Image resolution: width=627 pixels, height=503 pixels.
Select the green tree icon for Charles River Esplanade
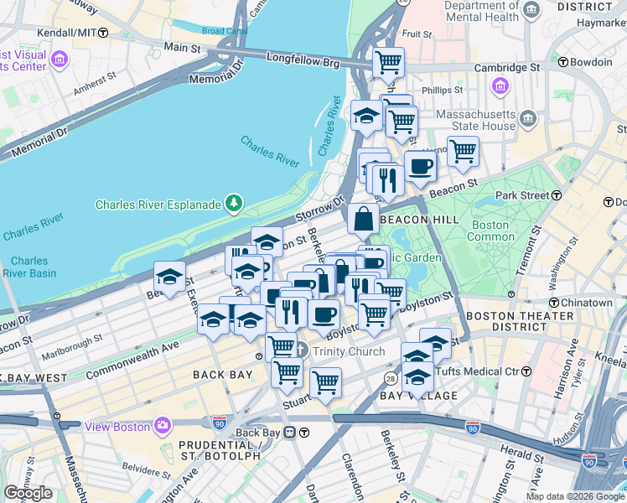235,203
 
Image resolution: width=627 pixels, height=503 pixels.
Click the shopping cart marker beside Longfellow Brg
388,62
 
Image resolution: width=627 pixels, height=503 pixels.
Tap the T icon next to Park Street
556,195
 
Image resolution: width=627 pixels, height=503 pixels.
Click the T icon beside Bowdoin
563,62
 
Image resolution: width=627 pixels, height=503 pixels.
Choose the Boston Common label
490,231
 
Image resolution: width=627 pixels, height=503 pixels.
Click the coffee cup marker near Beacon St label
420,166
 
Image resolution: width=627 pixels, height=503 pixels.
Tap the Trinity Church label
349,351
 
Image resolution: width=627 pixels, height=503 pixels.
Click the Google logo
28,493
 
